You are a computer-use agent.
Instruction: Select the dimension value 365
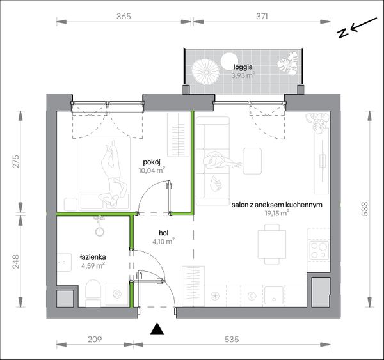pos(124,16)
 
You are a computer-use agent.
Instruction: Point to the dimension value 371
pos(262,16)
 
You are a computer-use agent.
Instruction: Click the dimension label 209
pos(95,339)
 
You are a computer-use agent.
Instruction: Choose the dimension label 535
pos(232,339)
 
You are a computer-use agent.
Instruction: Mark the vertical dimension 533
pos(365,208)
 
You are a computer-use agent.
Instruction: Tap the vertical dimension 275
pos(15,161)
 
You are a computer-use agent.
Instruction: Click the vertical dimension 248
pos(15,262)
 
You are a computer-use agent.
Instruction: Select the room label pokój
pos(152,162)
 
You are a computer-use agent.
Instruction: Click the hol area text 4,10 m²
pos(164,242)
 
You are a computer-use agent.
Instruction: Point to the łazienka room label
pos(93,257)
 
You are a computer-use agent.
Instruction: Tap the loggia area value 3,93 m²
pos(243,75)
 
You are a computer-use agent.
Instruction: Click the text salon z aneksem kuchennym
pos(276,205)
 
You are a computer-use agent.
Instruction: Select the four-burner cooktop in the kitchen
pos(319,250)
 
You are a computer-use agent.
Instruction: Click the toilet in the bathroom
pos(93,293)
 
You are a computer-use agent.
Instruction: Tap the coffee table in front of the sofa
pos(252,160)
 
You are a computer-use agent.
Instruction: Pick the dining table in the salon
pos(271,244)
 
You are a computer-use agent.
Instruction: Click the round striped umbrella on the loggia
pos(205,72)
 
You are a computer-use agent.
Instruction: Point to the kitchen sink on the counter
pos(274,295)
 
